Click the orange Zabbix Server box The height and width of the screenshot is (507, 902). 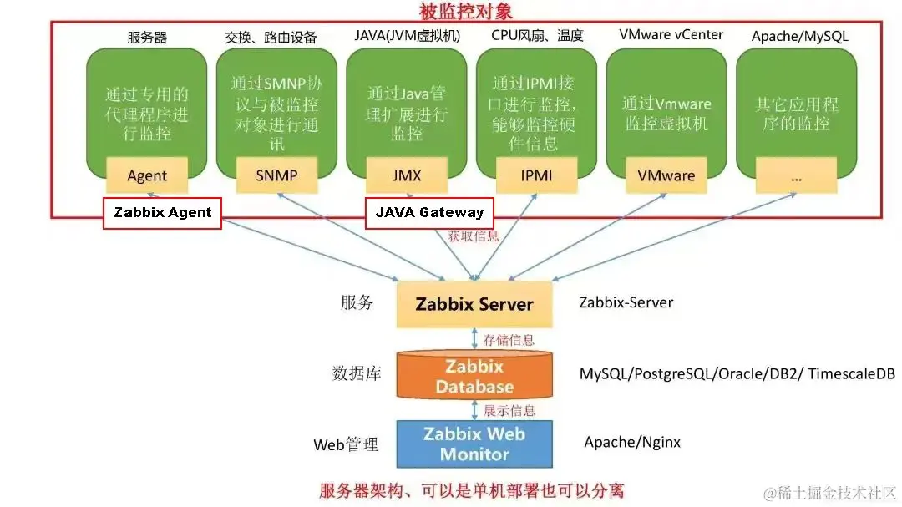[x=474, y=303]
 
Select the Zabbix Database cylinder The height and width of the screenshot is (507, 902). [x=474, y=377]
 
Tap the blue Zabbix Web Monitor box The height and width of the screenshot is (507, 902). [x=474, y=444]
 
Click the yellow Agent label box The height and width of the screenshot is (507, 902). [x=148, y=175]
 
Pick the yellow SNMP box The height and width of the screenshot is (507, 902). [x=277, y=175]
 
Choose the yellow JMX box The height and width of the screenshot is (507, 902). [x=407, y=175]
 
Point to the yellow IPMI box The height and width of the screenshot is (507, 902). [x=536, y=175]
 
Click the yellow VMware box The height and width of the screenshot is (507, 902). [x=666, y=175]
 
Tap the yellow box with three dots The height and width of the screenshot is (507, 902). [x=796, y=175]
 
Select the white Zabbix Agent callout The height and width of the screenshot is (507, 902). [x=163, y=213]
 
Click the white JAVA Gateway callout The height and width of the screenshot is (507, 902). [x=429, y=213]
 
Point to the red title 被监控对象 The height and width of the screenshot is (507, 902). [x=465, y=12]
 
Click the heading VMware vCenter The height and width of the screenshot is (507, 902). [x=671, y=35]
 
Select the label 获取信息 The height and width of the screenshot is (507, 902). [x=474, y=236]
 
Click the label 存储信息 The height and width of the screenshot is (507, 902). [x=509, y=340]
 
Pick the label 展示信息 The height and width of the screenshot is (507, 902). [x=509, y=410]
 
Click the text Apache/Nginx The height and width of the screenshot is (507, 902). [x=632, y=443]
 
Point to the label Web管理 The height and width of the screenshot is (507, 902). [x=346, y=444]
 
